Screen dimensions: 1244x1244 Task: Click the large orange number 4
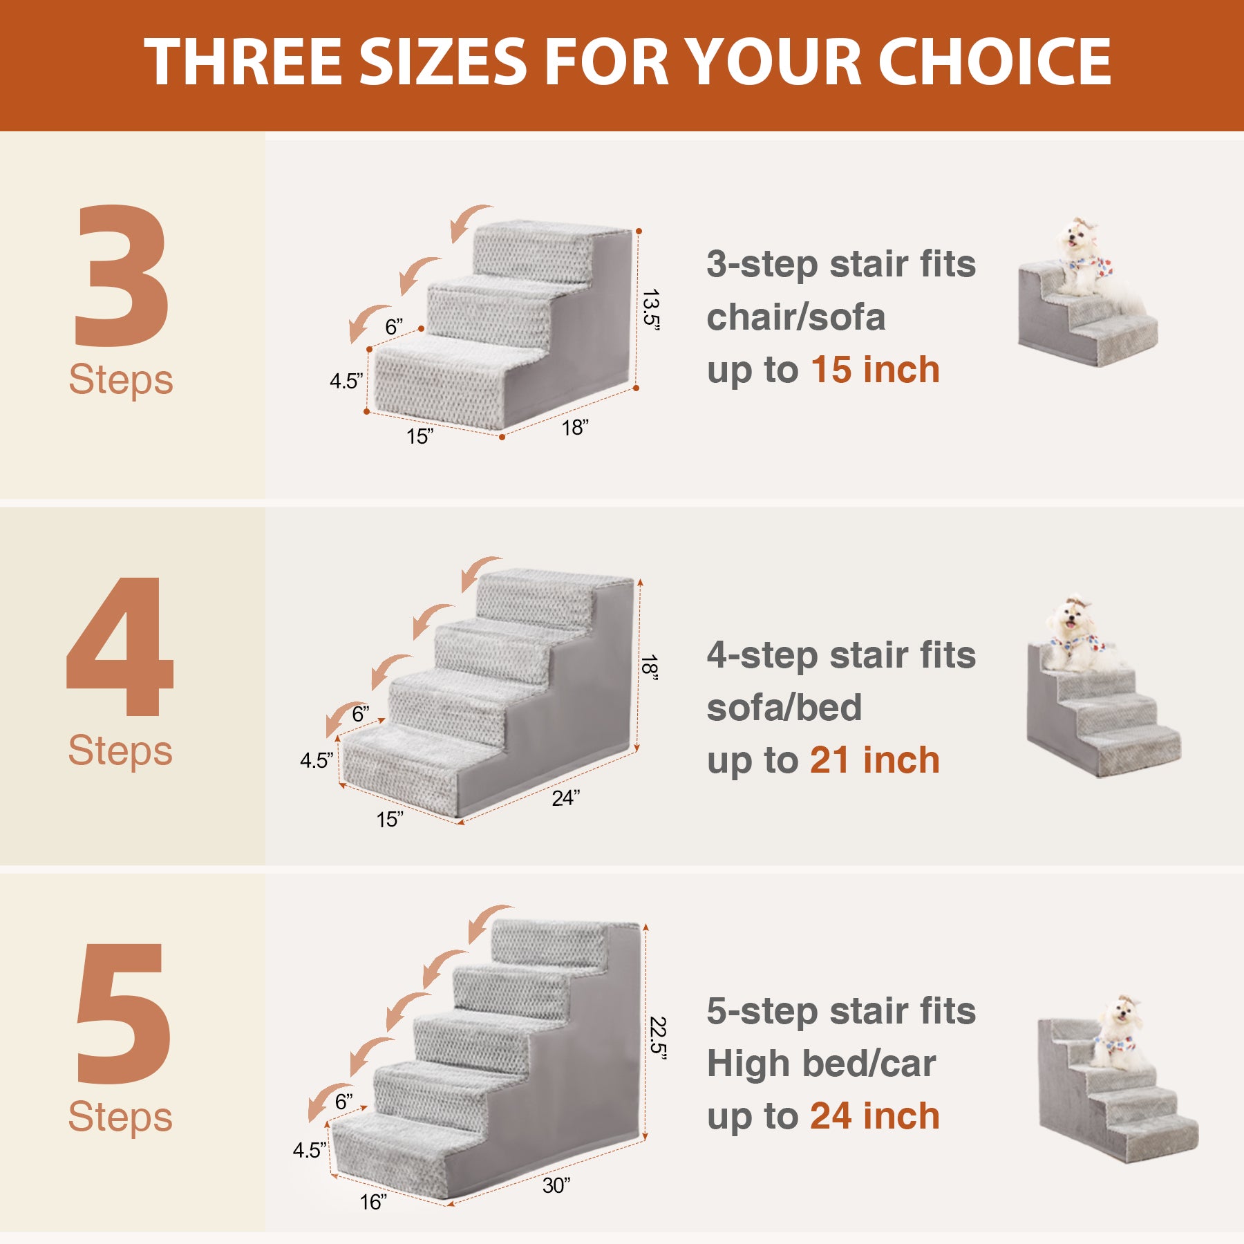click(120, 646)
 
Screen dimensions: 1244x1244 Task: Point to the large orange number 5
click(123, 1013)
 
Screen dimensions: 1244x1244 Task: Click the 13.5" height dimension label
click(650, 310)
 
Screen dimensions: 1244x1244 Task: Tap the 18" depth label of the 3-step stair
click(575, 428)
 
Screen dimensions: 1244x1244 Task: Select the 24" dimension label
click(566, 798)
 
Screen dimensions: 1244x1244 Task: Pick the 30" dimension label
click(556, 1186)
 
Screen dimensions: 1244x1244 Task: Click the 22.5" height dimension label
click(658, 1038)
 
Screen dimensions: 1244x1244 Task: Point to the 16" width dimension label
click(373, 1202)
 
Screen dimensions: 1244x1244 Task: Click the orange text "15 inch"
click(875, 370)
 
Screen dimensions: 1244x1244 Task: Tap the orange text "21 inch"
click(875, 760)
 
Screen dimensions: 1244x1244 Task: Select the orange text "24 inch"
click(875, 1116)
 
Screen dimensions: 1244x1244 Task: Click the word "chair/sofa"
click(795, 318)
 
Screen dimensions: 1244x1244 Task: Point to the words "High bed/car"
click(821, 1064)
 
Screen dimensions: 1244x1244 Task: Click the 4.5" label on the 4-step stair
click(317, 761)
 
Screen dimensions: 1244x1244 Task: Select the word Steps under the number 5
click(120, 1118)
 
